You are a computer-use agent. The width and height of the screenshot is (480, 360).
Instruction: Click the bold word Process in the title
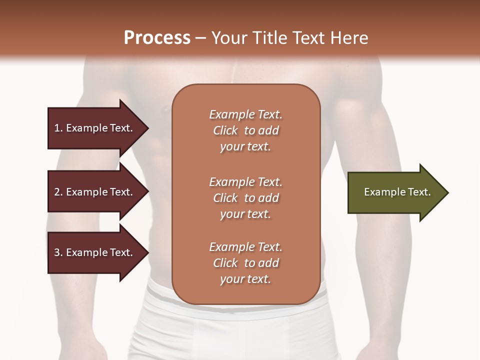157,37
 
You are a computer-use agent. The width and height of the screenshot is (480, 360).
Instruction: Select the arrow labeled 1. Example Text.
95,128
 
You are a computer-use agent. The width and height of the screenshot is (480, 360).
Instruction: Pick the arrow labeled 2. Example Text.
95,192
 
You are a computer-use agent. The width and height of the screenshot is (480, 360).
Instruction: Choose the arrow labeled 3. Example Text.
95,252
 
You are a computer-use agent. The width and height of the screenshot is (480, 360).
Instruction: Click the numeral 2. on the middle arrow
58,192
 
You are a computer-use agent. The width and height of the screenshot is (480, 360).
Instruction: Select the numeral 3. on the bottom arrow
58,252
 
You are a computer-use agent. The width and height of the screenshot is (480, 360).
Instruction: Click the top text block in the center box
245,130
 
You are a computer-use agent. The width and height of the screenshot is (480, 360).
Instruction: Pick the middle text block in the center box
245,197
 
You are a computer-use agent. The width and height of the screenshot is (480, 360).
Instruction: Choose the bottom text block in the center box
245,263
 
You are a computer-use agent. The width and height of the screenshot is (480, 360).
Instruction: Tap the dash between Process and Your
200,38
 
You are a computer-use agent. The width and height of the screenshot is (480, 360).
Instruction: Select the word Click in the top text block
225,130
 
